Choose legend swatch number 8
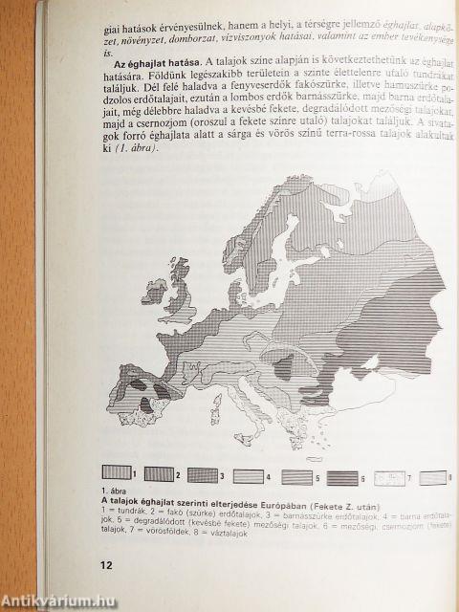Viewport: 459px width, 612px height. [x=434, y=476]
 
